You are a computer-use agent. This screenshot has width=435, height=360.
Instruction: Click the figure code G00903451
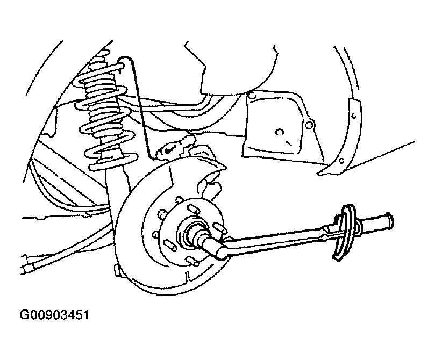point(54,315)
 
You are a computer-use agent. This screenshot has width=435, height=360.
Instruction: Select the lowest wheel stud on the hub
point(192,261)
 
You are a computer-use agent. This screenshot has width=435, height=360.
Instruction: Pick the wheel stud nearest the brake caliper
point(193,208)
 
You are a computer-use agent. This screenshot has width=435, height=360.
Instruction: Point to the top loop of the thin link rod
point(125,60)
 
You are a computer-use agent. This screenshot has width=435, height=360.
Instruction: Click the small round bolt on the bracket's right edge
point(309,125)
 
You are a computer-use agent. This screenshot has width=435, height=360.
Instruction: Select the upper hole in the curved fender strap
point(354,116)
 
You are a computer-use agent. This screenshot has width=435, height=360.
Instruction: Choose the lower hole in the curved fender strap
point(342,160)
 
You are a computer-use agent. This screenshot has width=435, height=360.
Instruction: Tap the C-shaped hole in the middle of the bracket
point(279,133)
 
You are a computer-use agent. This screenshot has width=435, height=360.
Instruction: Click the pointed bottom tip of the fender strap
point(318,174)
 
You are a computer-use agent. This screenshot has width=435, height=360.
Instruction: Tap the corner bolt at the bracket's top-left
point(252,96)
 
